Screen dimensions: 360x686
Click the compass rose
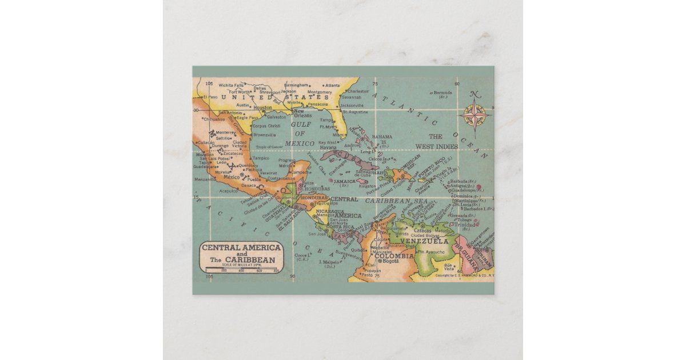[474, 114]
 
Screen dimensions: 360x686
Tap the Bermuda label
[442, 93]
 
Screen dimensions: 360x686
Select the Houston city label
[263, 107]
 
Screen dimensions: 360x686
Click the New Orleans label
[302, 113]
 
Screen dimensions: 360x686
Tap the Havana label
[328, 147]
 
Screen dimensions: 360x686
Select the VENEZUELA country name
[424, 241]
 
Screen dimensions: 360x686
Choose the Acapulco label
[229, 191]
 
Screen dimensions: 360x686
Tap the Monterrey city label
[226, 132]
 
